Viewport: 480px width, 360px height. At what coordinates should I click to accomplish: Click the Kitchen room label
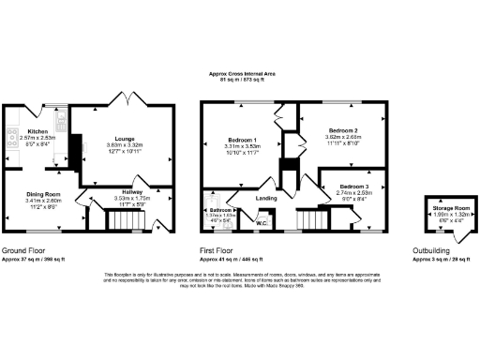(37, 131)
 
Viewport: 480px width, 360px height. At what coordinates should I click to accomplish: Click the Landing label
(266, 198)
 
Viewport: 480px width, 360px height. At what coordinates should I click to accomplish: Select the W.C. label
(262, 223)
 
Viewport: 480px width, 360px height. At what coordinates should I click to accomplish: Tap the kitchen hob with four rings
(13, 136)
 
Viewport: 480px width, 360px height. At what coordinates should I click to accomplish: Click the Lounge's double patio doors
(123, 97)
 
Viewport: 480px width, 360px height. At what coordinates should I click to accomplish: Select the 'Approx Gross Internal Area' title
(240, 74)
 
